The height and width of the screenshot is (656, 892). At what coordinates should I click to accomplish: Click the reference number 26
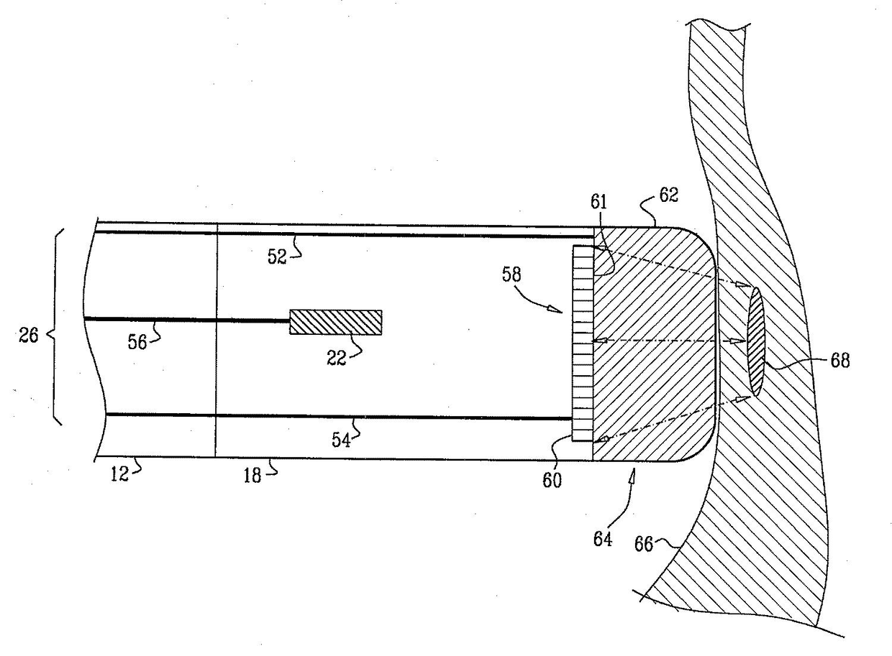pyautogui.click(x=29, y=335)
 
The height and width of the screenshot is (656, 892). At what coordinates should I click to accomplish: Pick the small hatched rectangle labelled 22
pyautogui.click(x=335, y=322)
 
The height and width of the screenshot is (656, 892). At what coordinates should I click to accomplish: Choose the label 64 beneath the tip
pyautogui.click(x=603, y=538)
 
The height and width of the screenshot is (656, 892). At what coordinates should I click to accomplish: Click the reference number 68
pyautogui.click(x=839, y=361)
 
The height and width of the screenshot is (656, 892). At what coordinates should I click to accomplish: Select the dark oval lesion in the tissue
pyautogui.click(x=756, y=340)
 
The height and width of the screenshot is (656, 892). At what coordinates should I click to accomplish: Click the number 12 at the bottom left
pyautogui.click(x=120, y=474)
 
